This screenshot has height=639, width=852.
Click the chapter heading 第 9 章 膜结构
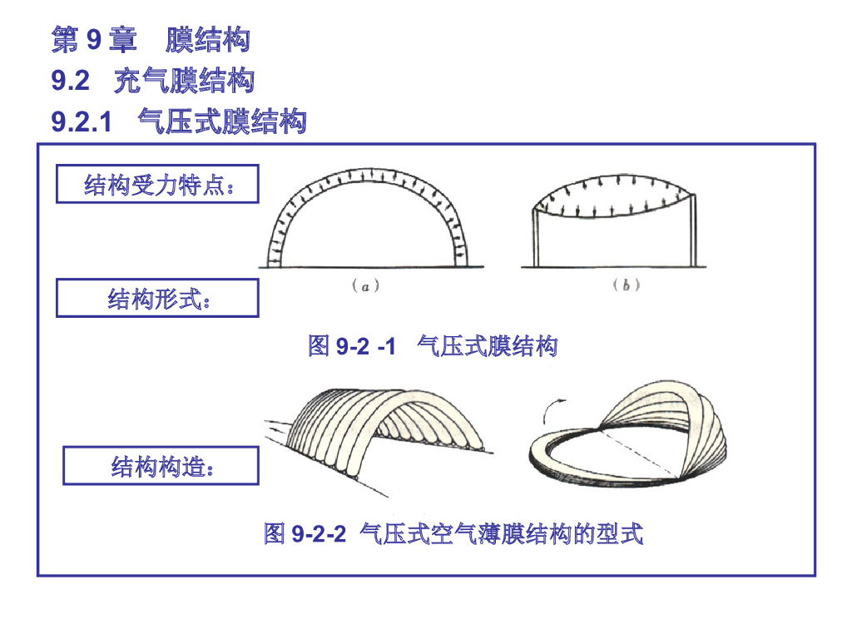pyautogui.click(x=151, y=39)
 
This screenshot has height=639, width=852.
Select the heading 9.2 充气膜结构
pyautogui.click(x=152, y=81)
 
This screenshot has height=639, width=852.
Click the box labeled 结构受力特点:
pyautogui.click(x=157, y=184)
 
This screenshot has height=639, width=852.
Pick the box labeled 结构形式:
pyautogui.click(x=157, y=298)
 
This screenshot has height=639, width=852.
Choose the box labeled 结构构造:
pyautogui.click(x=161, y=466)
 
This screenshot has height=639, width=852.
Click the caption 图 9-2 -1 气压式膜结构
pyautogui.click(x=432, y=345)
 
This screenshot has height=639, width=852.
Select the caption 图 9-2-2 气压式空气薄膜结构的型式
pyautogui.click(x=453, y=533)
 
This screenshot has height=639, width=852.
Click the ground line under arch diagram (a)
pyautogui.click(x=366, y=268)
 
